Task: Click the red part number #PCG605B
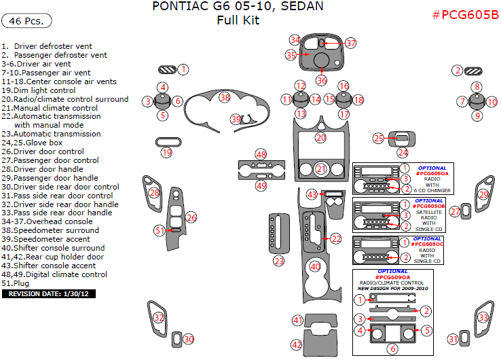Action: [x=465, y=15]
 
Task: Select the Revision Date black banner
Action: [x=49, y=294]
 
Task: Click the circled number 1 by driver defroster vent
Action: [x=183, y=69]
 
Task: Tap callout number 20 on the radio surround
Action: [x=321, y=138]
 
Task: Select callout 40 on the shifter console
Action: [x=315, y=267]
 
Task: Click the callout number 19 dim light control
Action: [x=166, y=153]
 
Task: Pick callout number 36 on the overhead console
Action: [x=321, y=80]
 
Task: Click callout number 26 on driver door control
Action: [x=191, y=217]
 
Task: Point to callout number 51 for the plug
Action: [x=160, y=230]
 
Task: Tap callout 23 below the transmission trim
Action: [x=279, y=261]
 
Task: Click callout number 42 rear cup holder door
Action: [x=297, y=345]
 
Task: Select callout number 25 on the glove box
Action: [x=379, y=139]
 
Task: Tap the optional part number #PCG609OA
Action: [x=392, y=277]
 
